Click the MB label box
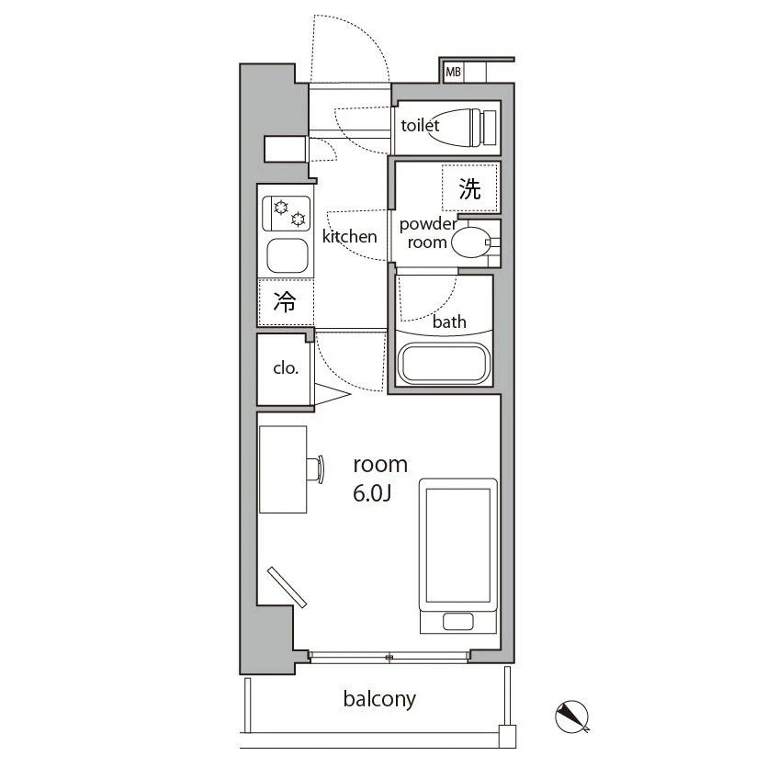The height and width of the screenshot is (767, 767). point(453,72)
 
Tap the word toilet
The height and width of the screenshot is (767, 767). point(420,125)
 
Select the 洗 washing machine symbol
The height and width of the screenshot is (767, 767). point(469,187)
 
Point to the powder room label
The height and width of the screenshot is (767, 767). point(428,232)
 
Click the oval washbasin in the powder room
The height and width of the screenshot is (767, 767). point(470,243)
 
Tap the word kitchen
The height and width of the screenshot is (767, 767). point(350,236)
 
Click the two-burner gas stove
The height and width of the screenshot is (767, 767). point(287,214)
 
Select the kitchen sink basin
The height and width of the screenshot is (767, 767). point(288,256)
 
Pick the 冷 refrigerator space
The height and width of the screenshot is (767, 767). point(286,302)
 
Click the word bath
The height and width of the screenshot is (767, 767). point(449,321)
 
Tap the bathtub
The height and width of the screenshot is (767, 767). point(444,364)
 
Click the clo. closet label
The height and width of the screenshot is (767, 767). point(286,367)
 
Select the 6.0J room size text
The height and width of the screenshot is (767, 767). point(372,494)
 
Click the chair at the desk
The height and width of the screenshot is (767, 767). point(316,469)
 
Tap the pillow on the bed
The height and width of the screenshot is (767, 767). point(457,622)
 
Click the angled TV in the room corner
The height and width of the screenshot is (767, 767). point(287,587)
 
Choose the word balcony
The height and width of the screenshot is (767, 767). point(379,699)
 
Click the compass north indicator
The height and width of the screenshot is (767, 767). point(572,717)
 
